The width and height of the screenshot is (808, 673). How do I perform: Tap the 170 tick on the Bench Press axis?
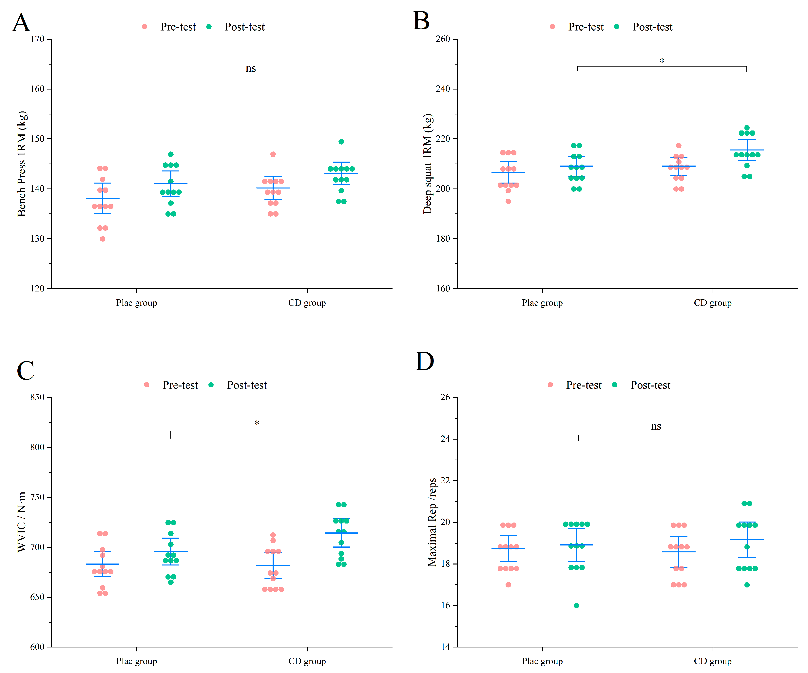(38, 39)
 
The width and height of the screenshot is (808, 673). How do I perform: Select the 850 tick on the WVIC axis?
(38, 397)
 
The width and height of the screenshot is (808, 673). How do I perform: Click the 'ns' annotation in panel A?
(250, 69)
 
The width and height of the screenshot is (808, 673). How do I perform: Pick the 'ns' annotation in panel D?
(656, 426)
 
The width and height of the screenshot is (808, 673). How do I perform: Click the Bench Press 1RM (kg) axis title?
(22, 164)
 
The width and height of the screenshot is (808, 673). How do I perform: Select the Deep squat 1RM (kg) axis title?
(428, 164)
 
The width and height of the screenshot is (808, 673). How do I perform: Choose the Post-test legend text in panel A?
(245, 27)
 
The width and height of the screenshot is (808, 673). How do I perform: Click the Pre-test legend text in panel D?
(584, 385)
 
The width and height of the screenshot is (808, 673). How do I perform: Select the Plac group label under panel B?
(542, 303)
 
